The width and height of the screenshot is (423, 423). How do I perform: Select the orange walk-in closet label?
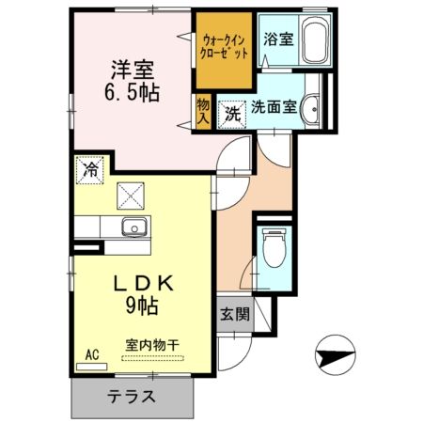click(x=226, y=46)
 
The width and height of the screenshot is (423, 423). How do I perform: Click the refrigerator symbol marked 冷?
click(x=89, y=170)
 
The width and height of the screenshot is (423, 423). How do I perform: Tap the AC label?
click(x=91, y=354)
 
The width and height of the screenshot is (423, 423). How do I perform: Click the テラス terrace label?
click(x=130, y=396)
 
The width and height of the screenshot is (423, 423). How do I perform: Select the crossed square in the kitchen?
click(x=129, y=195)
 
